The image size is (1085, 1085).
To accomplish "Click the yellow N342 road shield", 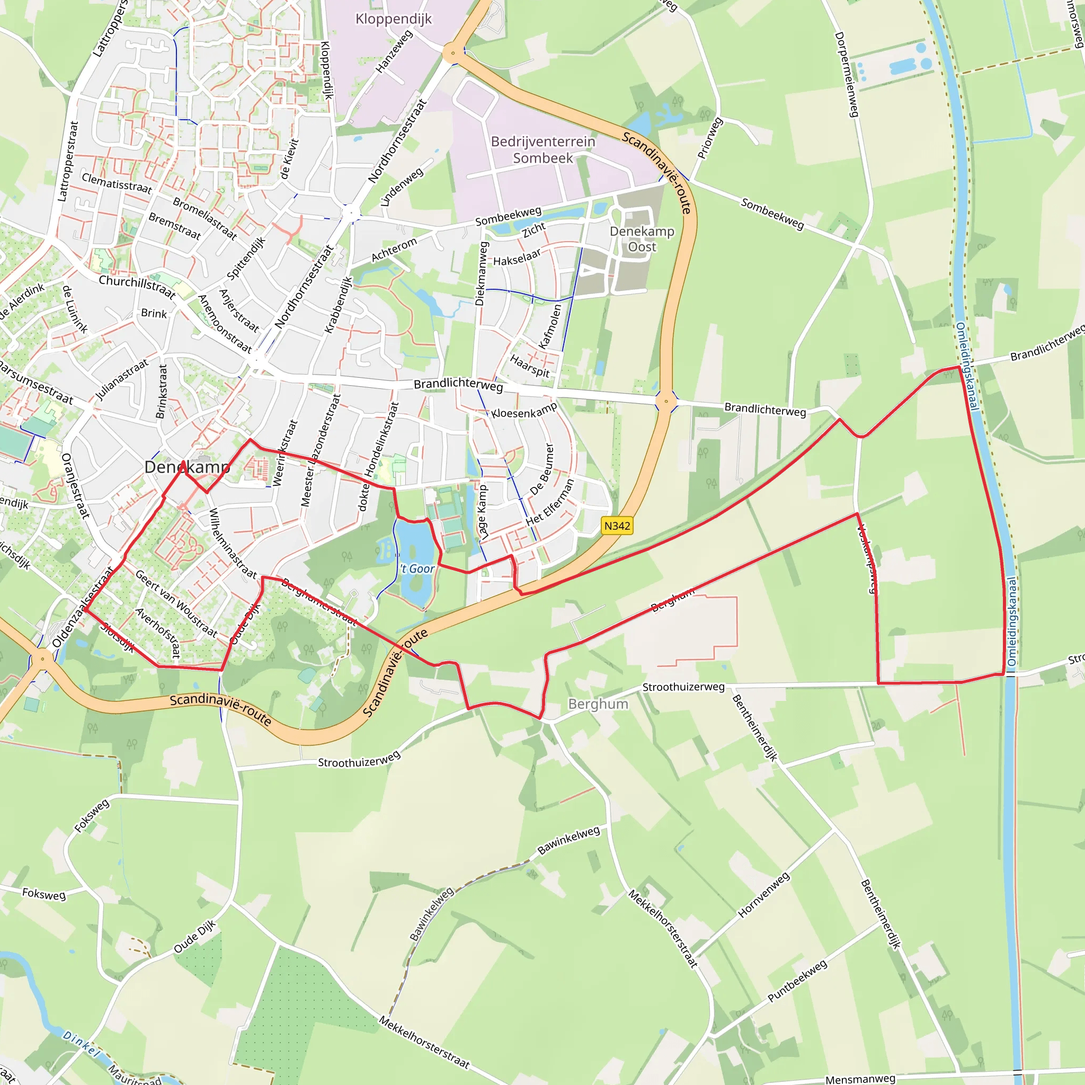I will pos(617,526).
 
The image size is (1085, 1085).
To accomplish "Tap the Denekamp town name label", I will pos(187,467).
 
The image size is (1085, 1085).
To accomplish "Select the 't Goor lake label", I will pos(417,569).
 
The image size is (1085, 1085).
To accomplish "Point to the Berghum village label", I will pos(598,704).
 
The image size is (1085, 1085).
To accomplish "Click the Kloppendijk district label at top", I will pos(394,19).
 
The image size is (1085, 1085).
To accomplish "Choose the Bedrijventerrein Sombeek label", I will pos(542,149).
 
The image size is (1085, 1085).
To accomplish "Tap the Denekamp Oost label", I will pos(642,239).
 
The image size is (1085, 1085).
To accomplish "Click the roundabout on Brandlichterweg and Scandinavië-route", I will pos(666,401).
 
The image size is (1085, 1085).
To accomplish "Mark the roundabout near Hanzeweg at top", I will pos(452,54).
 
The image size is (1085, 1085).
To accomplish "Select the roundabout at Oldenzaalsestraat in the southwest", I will pos(43,659).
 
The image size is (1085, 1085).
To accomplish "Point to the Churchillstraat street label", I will pos(137,287).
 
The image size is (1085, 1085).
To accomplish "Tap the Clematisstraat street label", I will pos(117,183).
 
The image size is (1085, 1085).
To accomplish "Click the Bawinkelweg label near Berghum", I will pos(568,841).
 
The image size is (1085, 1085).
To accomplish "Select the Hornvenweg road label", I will pos(764,895).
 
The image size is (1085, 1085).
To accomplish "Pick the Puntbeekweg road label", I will pos(797,981).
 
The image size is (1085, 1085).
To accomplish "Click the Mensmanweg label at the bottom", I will pos(860,1078).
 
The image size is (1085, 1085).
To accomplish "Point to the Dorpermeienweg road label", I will pos(847,74).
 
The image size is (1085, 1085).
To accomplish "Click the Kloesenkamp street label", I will pos(524,410).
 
